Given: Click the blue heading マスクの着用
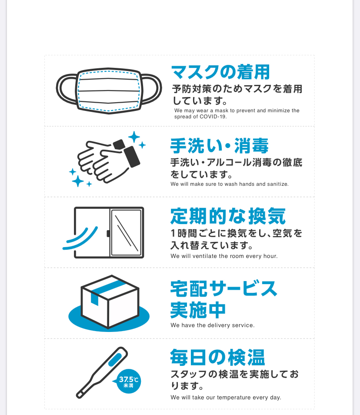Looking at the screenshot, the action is coord(220,72).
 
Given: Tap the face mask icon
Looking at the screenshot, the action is coord(109,91).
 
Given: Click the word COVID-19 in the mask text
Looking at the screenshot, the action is coord(213,117).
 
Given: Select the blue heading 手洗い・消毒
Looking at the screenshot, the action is coord(219,146).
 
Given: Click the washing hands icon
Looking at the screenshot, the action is coord(107,159).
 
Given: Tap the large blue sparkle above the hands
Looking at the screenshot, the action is coord(134,137).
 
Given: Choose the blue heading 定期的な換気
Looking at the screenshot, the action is coord(228,216).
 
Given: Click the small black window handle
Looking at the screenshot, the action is coord(108,234).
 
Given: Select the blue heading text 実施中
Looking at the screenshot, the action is coord(198,310).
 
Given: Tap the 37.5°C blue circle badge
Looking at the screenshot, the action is coord(128,381).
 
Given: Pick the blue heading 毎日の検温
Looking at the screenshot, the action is coord(217,357).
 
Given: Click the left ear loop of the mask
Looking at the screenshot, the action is coord(67,89).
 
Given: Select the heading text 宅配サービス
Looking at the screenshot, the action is coord(224,288).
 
